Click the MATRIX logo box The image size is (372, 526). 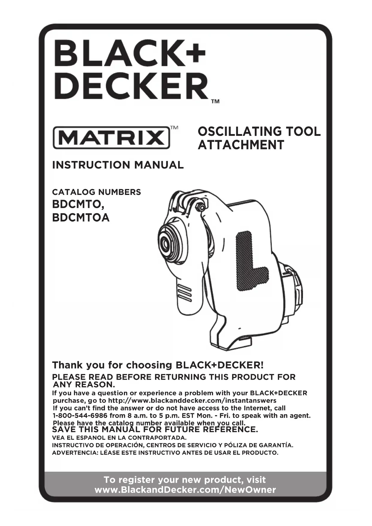coord(111,138)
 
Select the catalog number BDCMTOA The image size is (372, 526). coord(81,217)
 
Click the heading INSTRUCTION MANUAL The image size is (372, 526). coord(118,165)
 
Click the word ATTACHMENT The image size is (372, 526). coord(241,145)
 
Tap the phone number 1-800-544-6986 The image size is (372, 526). coord(80,416)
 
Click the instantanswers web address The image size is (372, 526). coord(192,401)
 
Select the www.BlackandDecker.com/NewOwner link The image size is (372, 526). coord(185,490)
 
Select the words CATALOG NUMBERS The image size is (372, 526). coord(97,192)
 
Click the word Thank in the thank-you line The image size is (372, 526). coord(67,365)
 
